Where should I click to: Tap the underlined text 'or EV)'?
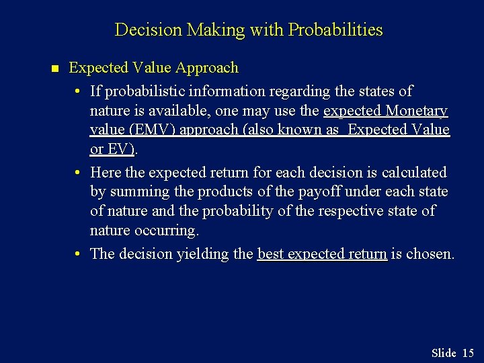[112, 149]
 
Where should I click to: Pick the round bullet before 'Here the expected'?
[79, 173]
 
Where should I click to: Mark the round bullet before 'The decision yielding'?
[79, 254]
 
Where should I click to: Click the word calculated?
[414, 172]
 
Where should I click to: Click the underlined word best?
[271, 254]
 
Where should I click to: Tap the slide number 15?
[468, 353]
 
